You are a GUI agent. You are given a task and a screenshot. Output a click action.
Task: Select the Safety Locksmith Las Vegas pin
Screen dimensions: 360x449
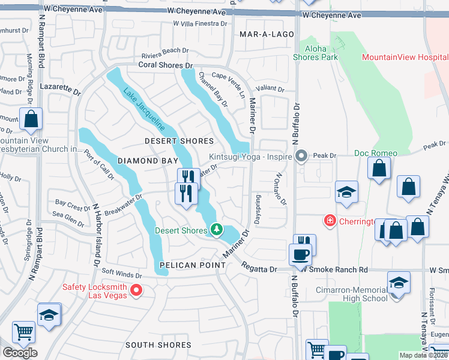coord(136,291)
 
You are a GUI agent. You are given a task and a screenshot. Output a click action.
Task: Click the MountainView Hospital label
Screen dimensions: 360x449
coord(405,57)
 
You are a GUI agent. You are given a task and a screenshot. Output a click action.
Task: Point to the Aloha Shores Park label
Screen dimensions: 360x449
coord(315,53)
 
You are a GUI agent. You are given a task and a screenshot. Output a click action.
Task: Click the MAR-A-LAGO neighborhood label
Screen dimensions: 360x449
coord(267,35)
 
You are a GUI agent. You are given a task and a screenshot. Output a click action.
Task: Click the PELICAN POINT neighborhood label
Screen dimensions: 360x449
coord(188,265)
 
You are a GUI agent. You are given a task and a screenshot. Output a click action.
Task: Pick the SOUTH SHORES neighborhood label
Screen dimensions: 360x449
coord(158,344)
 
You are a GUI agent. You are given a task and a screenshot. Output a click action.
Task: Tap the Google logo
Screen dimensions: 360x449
coord(20,353)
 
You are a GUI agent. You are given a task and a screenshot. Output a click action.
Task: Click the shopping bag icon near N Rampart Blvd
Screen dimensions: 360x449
coord(31,119)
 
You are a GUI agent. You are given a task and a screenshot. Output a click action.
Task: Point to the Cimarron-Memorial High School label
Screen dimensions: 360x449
coord(352,294)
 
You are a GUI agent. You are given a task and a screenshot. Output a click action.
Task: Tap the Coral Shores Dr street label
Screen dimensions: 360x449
coord(165,64)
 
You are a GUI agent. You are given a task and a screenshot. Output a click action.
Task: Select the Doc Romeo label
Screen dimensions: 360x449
coord(376,153)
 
